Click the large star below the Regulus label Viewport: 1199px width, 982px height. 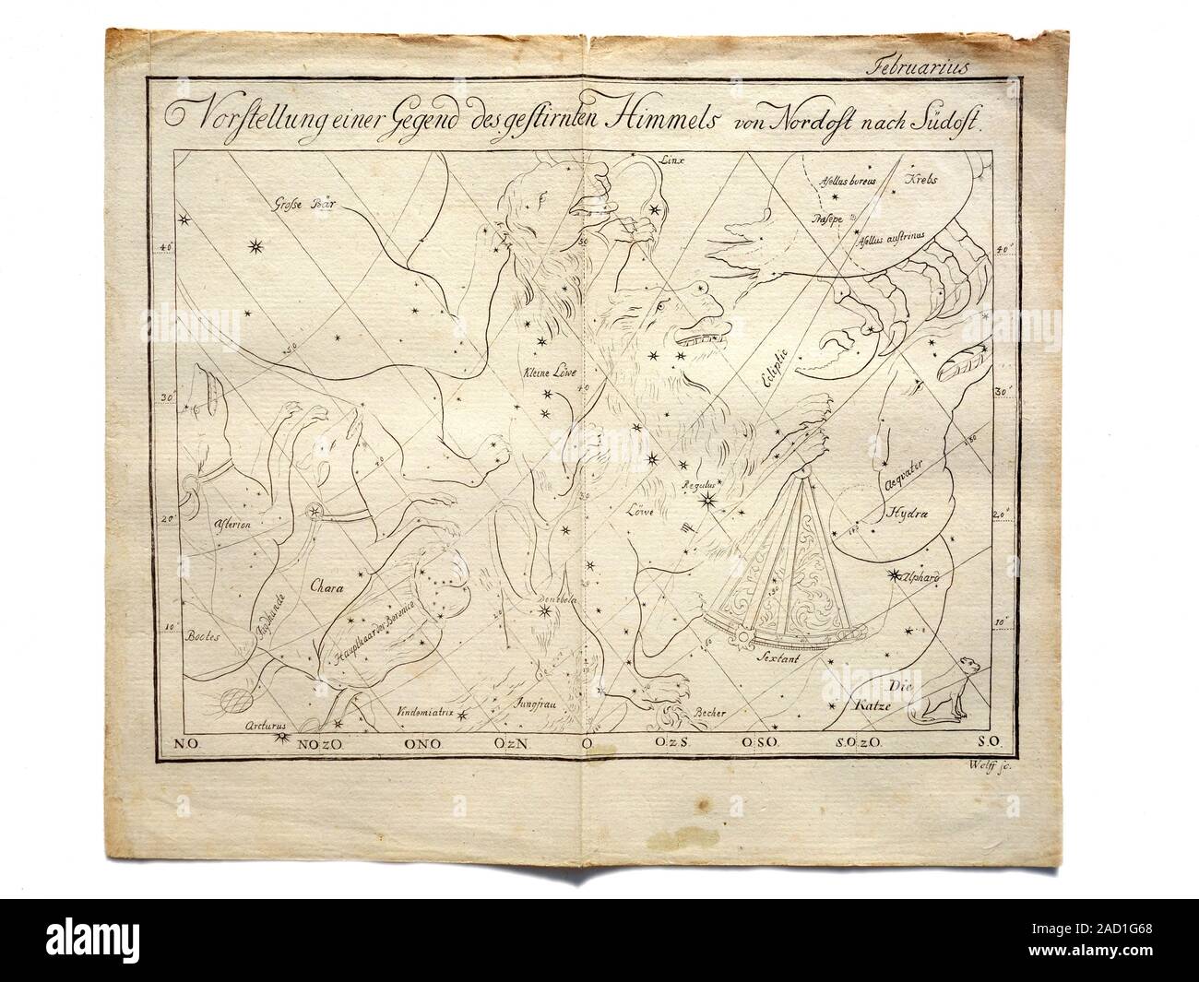point(709,501)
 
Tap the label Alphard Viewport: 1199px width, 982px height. point(921,576)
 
